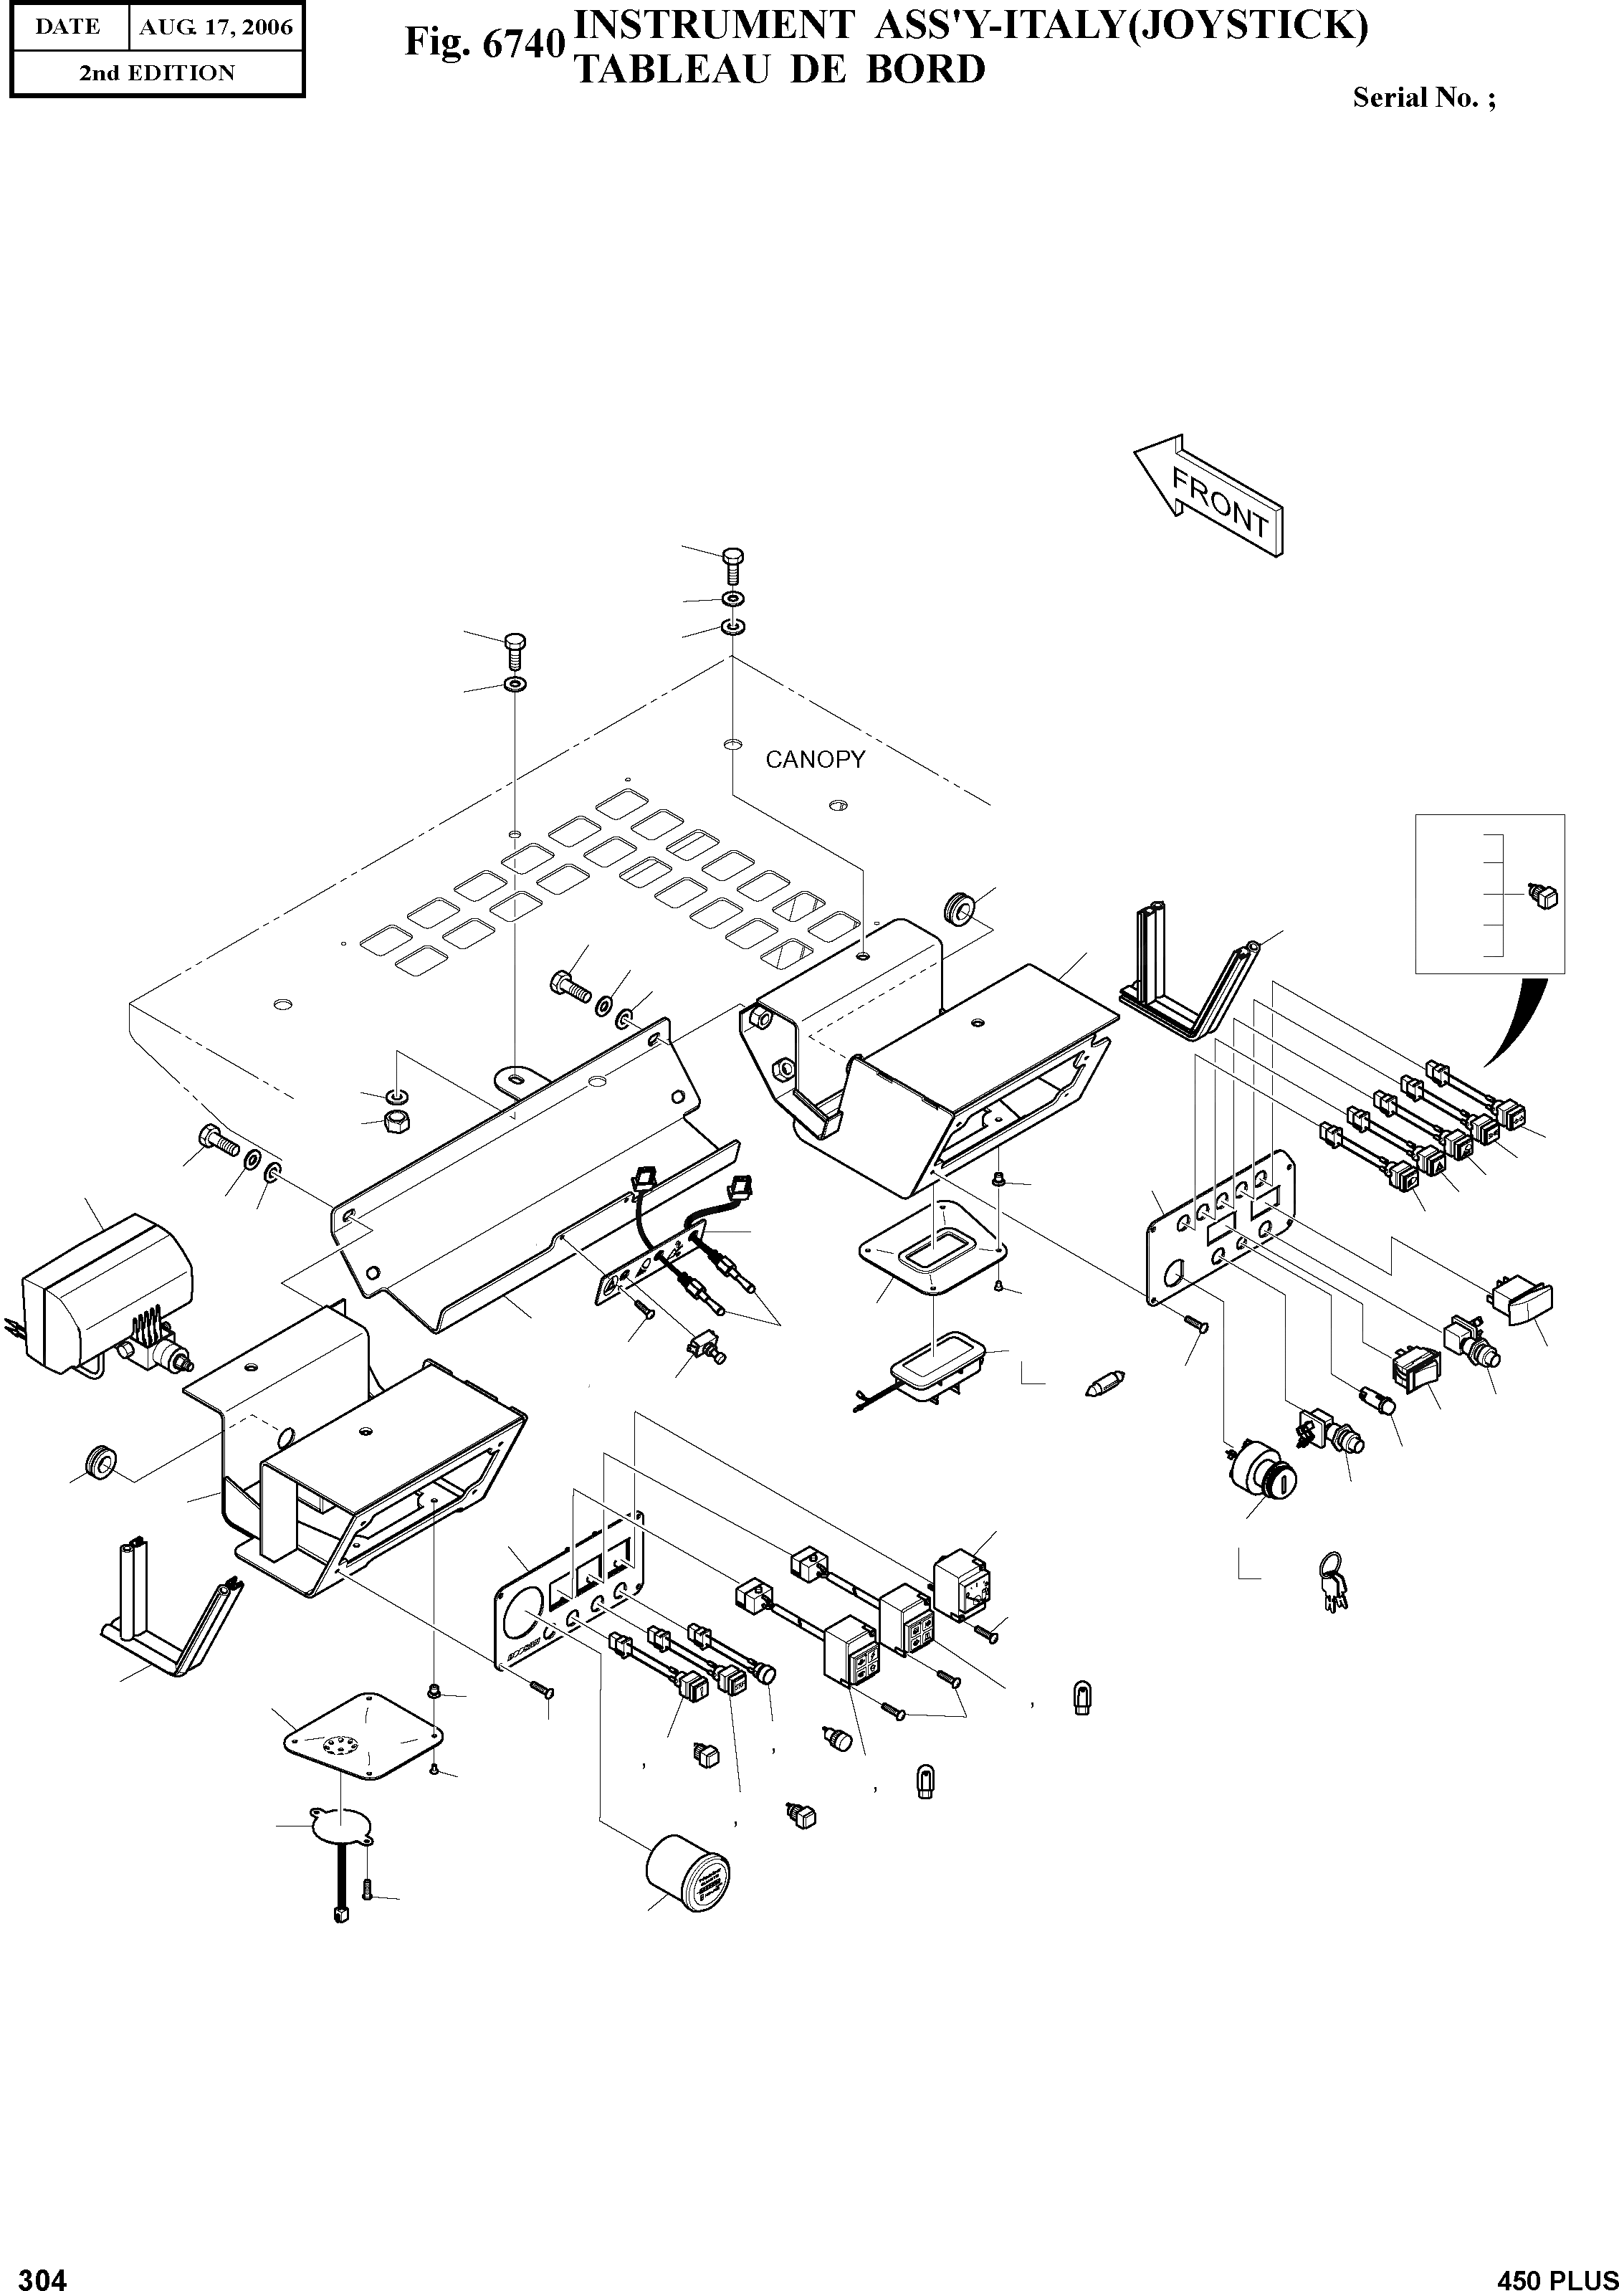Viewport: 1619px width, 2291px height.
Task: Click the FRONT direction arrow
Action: tap(1209, 496)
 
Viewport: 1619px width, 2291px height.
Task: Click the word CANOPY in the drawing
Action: tap(814, 759)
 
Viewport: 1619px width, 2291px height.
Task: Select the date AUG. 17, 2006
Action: tap(216, 27)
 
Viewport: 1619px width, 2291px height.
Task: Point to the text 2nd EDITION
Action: tap(158, 73)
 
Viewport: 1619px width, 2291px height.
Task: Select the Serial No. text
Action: tap(1423, 97)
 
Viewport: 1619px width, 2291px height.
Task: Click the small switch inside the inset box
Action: tap(1544, 896)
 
